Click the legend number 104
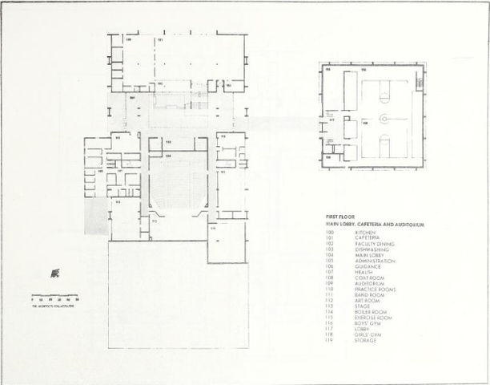[328, 254]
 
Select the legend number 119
[328, 340]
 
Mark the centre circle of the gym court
[384, 119]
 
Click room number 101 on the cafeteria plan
[160, 39]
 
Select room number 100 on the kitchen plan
[127, 39]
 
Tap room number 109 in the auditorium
[167, 153]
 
